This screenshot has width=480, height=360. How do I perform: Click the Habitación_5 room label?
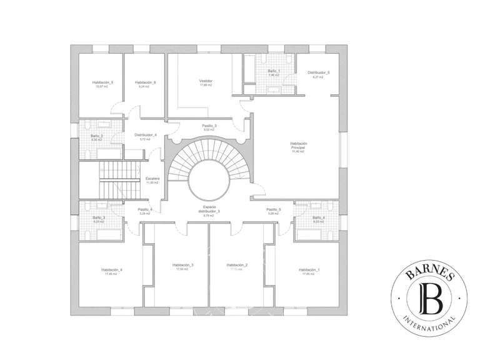click(102, 82)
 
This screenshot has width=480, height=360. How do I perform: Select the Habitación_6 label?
click(145, 82)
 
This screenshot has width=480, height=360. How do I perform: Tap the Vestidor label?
click(206, 81)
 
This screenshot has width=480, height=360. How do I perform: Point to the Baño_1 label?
click(274, 72)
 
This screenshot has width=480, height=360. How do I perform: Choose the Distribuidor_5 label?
click(319, 72)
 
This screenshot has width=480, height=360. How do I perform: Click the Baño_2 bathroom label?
click(96, 136)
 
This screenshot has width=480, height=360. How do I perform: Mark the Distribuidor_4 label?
click(146, 134)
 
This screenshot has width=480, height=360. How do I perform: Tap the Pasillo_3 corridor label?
click(209, 126)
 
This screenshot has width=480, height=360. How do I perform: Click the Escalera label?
click(152, 178)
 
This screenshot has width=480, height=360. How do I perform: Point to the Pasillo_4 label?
click(145, 209)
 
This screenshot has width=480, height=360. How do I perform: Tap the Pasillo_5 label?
click(274, 209)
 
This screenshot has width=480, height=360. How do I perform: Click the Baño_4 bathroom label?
click(319, 217)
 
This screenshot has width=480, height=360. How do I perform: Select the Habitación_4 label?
click(111, 269)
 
